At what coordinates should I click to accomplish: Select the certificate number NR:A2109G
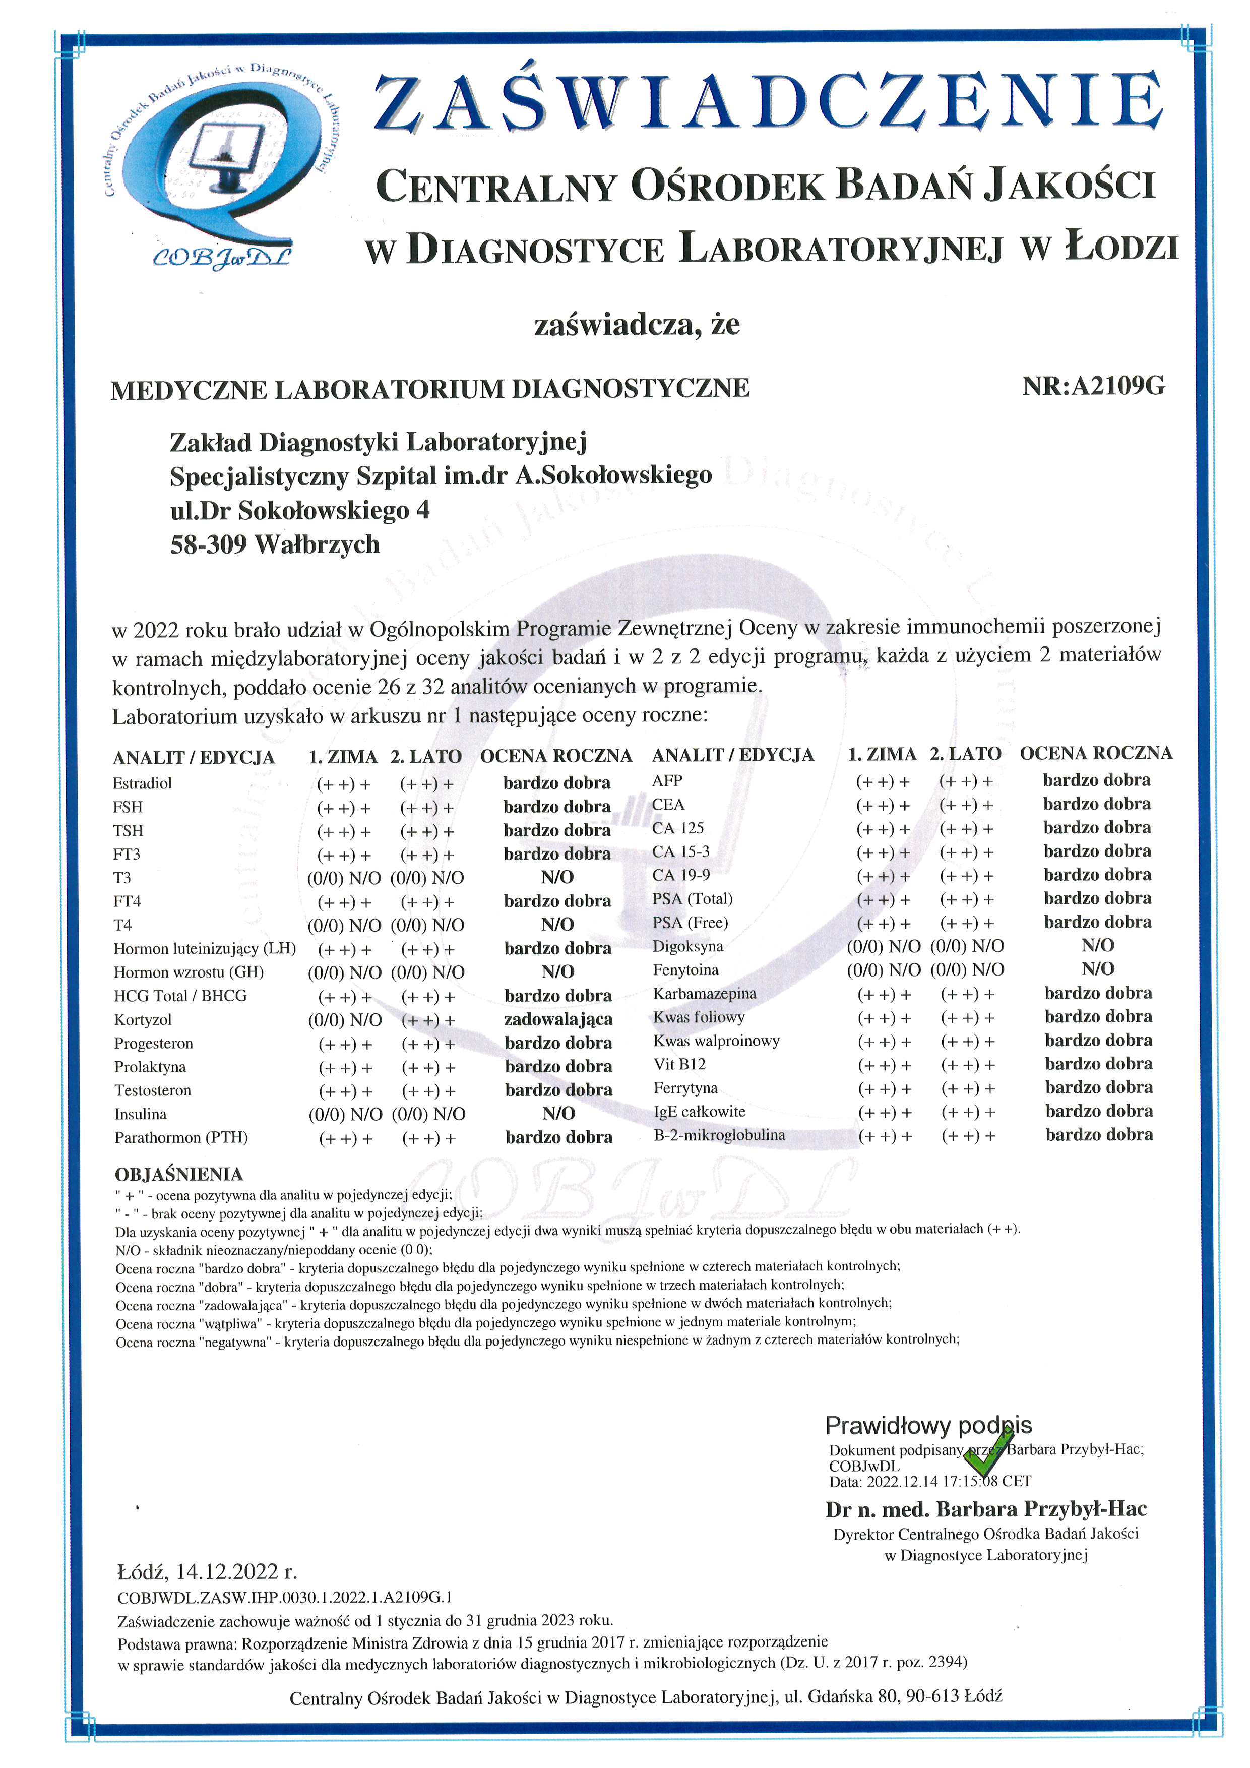[1093, 386]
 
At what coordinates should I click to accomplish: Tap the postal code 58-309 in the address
[208, 544]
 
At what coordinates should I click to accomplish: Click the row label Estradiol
[143, 783]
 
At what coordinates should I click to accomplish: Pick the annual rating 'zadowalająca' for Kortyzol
[558, 1019]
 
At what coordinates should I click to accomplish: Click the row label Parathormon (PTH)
[181, 1137]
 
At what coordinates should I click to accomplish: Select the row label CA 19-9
[680, 875]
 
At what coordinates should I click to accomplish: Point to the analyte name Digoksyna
[687, 946]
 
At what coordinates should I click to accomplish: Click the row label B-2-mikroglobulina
[719, 1135]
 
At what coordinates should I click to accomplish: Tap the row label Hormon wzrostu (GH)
[189, 972]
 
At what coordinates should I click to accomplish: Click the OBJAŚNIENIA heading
[178, 1174]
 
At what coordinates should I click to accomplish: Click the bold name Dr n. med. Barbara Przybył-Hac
[985, 1509]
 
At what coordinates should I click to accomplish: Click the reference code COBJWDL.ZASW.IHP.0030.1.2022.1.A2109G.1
[285, 1597]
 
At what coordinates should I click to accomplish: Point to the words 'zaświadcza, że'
[637, 324]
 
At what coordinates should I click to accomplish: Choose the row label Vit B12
[679, 1064]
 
